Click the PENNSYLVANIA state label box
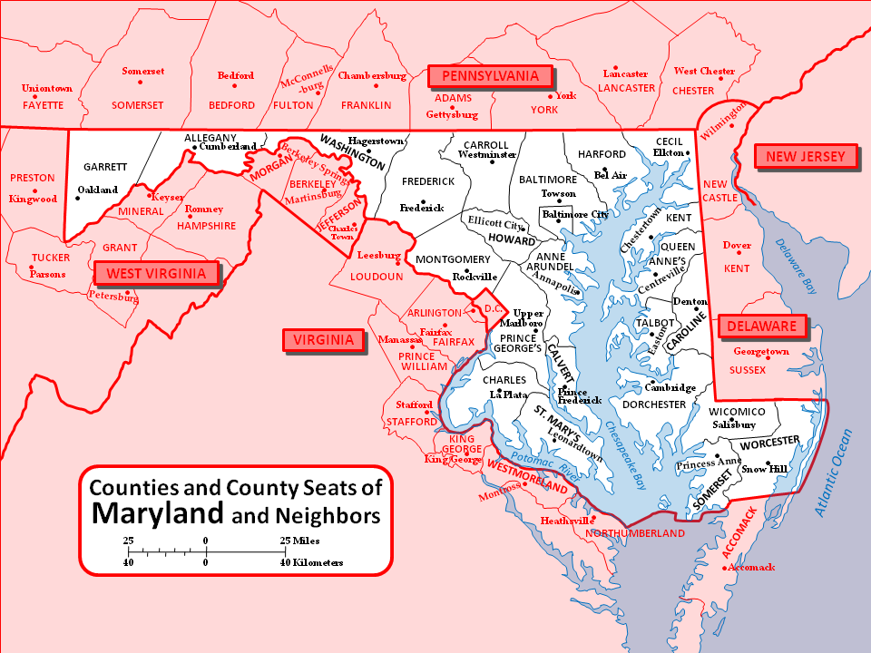coord(490,76)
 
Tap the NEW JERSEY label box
coord(806,157)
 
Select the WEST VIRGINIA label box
coord(157,273)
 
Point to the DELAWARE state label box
coord(760,326)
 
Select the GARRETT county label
coord(104,167)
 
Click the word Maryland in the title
coord(157,514)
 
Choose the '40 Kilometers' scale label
coord(311,562)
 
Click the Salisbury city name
coord(733,424)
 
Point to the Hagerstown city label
coord(376,142)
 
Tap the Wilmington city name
coord(722,117)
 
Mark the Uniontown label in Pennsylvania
coord(46,89)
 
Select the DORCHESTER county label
coord(653,404)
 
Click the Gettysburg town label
coord(452,115)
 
